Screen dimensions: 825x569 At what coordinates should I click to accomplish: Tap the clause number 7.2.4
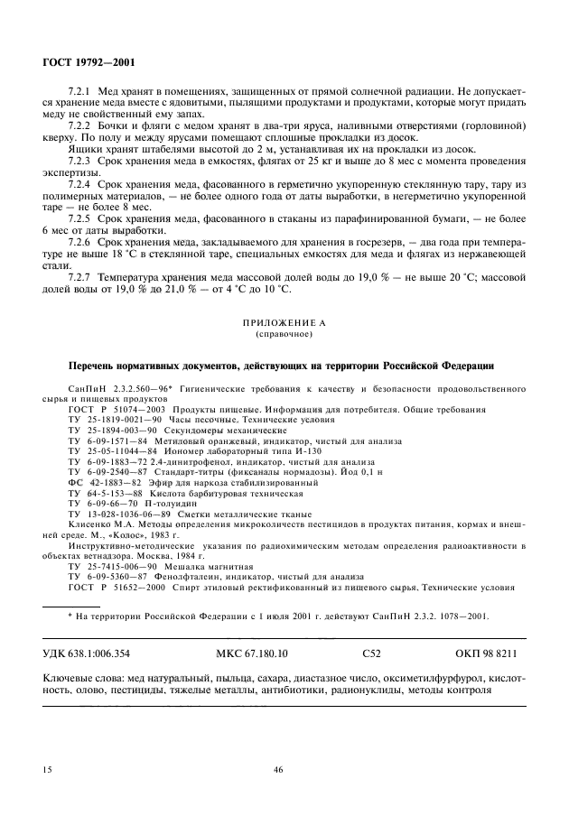81,184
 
